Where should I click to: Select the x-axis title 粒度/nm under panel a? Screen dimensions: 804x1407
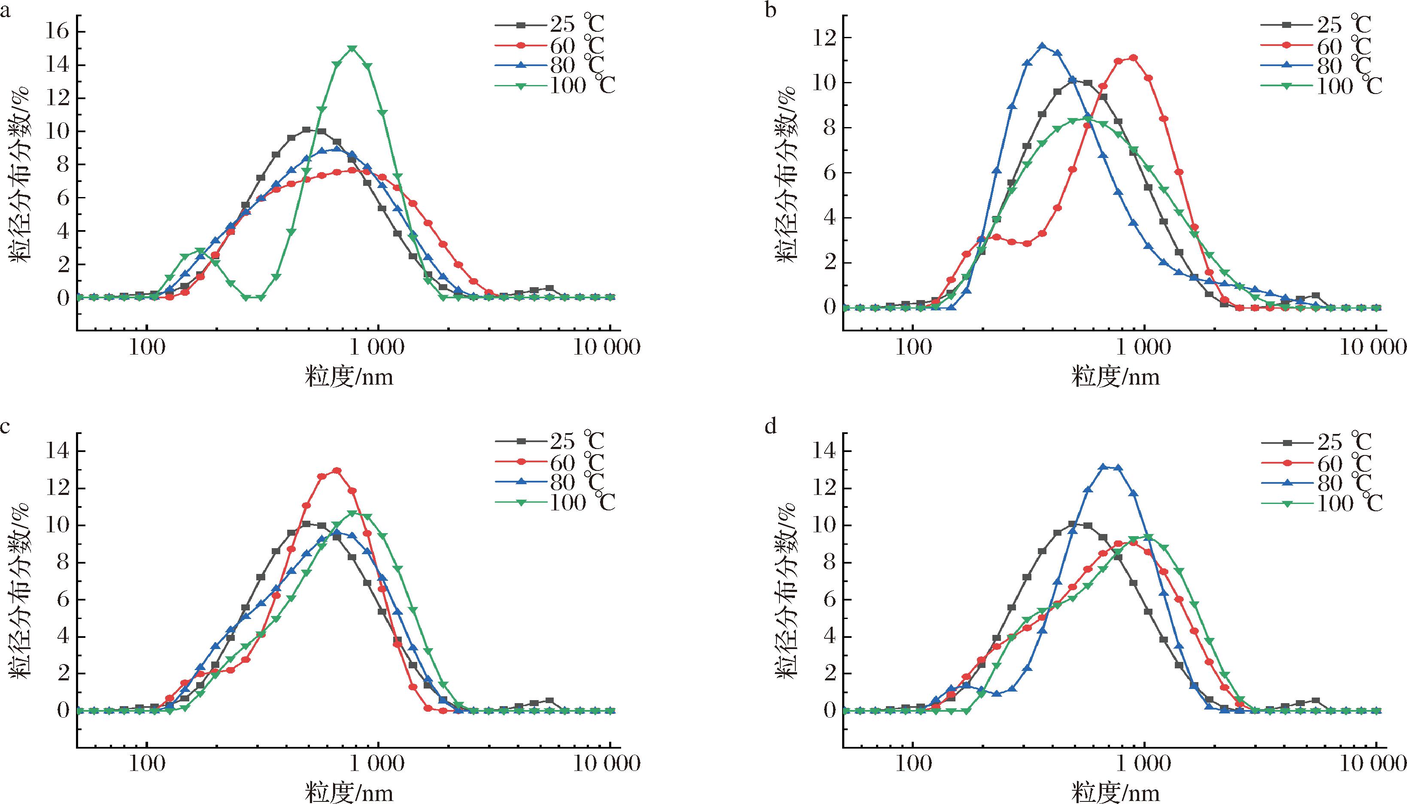[349, 377]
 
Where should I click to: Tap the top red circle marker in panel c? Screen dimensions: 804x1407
[337, 470]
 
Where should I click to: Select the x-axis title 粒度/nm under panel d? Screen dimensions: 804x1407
[1115, 793]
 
